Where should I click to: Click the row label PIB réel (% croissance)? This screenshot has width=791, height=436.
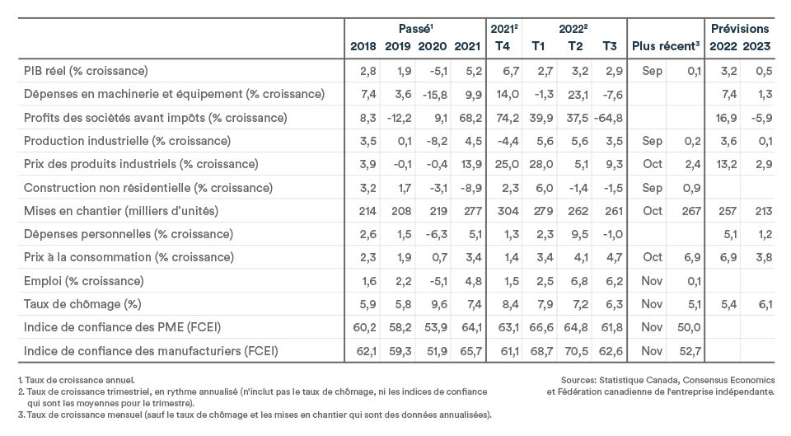point(86,71)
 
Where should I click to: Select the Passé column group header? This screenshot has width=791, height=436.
point(415,29)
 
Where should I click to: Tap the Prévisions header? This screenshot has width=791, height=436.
point(740,29)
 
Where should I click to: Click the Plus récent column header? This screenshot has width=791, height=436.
point(666,46)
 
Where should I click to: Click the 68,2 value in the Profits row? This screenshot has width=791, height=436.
point(470,118)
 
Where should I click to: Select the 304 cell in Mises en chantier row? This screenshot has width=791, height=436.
point(508,211)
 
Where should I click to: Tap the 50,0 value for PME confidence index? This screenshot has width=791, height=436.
point(689,327)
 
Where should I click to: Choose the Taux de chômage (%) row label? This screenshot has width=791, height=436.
point(82,304)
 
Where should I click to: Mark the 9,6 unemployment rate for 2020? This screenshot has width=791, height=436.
point(438,304)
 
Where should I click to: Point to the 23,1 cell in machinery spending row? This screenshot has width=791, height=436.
point(578,94)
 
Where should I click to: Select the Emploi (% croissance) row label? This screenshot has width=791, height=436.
point(84,281)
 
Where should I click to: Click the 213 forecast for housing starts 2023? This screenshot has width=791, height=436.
point(764,211)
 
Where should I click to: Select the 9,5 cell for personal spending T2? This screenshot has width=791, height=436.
point(579,234)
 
